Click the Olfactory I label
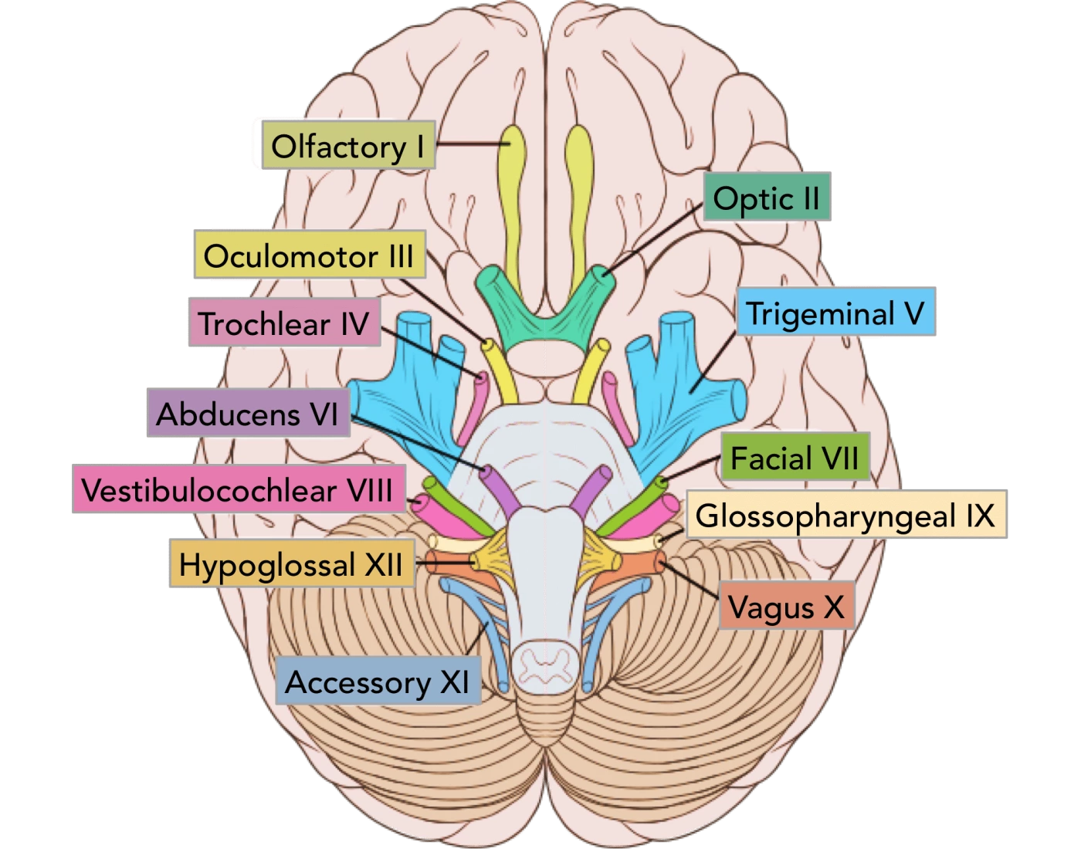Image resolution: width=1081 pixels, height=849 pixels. coord(347,146)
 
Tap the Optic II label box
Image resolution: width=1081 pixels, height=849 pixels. coord(766,198)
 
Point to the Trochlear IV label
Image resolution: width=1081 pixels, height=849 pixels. coord(283,323)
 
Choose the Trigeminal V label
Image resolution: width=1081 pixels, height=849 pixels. coord(835,313)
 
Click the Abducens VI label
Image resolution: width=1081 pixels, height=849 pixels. coord(247,414)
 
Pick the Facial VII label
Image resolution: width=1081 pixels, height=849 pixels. coord(795,458)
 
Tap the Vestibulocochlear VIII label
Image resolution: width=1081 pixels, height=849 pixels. coord(238,490)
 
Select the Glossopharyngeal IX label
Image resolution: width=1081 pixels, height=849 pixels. coord(845,516)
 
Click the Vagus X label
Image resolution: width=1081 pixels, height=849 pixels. coord(786,607)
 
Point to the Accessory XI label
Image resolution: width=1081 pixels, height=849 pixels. coord(378,682)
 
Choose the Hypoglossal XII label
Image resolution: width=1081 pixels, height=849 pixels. coord(291,564)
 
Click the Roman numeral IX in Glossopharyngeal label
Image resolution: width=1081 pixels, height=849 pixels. coord(980,516)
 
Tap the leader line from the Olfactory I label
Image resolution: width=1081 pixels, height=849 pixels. coord(471,144)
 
